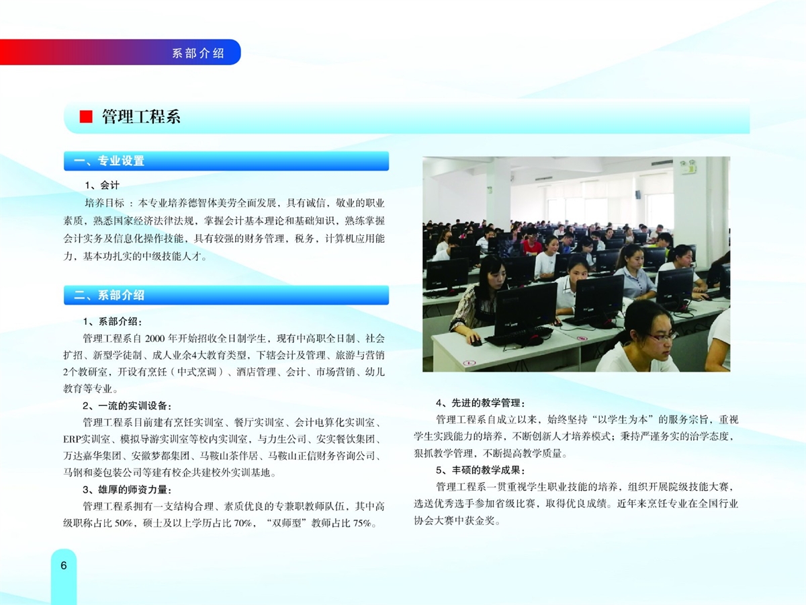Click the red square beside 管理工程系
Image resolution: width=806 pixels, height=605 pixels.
[86, 117]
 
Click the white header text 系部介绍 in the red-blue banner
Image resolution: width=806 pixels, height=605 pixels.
[198, 53]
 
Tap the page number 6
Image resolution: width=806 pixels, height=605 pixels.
[64, 565]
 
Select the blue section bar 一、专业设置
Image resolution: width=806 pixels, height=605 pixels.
[226, 161]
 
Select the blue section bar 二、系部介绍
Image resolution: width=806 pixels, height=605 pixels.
[226, 295]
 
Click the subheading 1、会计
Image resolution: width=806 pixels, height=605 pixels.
[102, 185]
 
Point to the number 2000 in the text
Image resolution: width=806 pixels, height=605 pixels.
[155, 338]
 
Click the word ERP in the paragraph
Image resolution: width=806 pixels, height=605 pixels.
[72, 440]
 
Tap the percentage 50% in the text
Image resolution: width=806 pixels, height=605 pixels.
[124, 524]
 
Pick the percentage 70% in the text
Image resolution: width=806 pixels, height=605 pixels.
[242, 524]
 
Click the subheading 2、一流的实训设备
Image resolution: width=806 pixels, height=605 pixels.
[127, 406]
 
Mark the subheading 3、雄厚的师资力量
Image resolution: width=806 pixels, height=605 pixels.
[127, 490]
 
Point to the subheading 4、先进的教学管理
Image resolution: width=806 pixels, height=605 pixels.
[481, 403]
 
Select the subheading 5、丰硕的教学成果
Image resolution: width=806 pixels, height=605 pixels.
[481, 470]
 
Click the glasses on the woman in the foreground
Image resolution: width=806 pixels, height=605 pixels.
[661, 337]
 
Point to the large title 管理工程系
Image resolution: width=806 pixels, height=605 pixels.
[141, 117]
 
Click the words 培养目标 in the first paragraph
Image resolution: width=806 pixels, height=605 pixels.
[105, 203]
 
